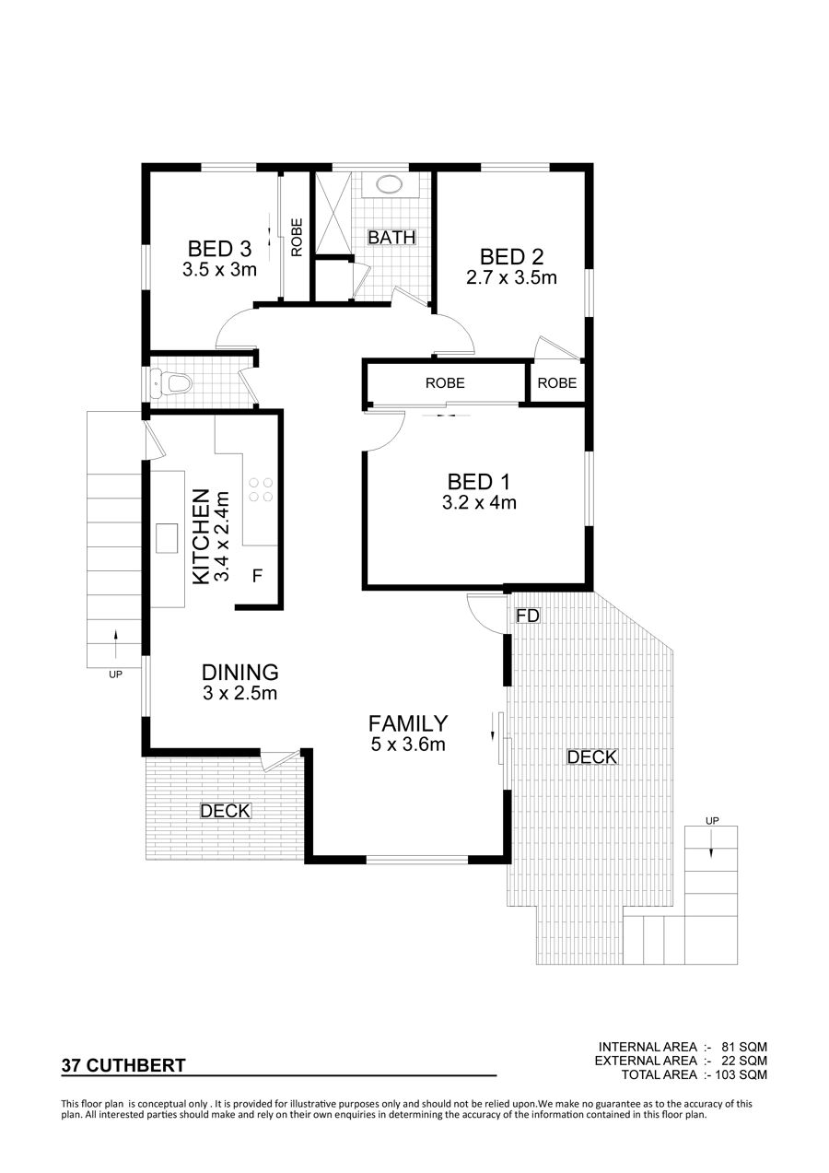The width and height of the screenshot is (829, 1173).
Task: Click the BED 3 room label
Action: [219, 248]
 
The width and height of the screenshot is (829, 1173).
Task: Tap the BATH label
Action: [391, 237]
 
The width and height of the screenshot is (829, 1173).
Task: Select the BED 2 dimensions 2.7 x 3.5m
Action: [511, 277]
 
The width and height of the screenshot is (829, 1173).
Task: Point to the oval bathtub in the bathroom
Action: [389, 183]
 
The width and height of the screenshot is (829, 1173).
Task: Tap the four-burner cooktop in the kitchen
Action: [261, 488]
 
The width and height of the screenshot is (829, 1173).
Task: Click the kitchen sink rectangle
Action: [167, 537]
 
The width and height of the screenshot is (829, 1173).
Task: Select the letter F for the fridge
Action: [257, 576]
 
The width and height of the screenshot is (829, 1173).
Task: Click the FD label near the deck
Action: [527, 616]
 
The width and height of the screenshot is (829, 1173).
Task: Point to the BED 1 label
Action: [478, 482]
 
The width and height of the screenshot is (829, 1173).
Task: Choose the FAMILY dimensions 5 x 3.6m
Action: [408, 745]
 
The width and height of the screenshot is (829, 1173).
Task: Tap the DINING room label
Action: [240, 672]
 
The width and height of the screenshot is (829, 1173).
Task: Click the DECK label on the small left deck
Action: [226, 811]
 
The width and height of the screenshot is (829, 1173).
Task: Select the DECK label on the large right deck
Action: [592, 757]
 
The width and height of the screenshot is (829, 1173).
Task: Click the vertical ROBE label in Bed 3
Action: [297, 237]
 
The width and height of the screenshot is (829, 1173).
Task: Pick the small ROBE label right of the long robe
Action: [557, 382]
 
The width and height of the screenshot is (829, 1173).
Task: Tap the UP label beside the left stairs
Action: [115, 674]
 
